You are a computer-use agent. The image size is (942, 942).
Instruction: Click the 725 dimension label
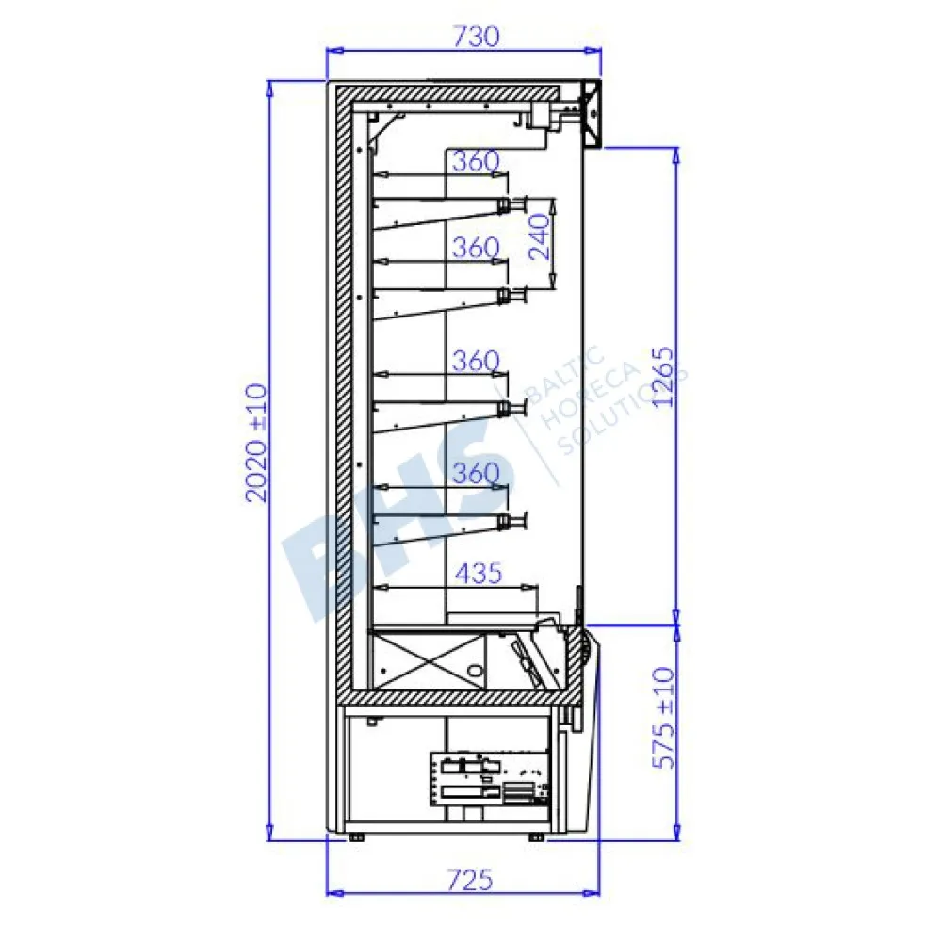[x=469, y=880]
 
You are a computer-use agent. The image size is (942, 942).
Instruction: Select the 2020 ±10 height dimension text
[x=257, y=442]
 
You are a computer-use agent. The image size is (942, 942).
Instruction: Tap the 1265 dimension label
[x=663, y=377]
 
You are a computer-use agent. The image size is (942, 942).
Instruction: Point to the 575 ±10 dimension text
[x=665, y=718]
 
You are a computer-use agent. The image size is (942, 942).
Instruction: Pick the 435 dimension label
[x=479, y=572]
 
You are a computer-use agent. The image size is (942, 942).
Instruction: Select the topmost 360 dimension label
[x=476, y=162]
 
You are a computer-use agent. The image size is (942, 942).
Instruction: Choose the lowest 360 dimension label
[x=476, y=473]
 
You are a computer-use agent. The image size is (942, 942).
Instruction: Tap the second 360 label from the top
[x=476, y=248]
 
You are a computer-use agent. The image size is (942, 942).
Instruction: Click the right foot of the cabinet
[x=537, y=836]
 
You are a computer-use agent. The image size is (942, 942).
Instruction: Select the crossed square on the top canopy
[x=591, y=113]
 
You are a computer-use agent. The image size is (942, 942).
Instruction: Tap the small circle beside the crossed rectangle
[x=478, y=671]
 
